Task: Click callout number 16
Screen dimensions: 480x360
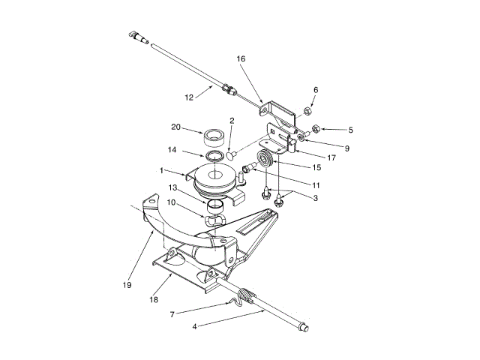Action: pos(241,58)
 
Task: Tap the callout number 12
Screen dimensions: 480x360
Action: pos(190,97)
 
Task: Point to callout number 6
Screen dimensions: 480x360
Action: pos(316,90)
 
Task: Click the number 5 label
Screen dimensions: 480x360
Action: pos(350,130)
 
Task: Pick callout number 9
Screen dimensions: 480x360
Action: pos(346,148)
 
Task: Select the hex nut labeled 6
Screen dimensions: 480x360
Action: pos(307,111)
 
